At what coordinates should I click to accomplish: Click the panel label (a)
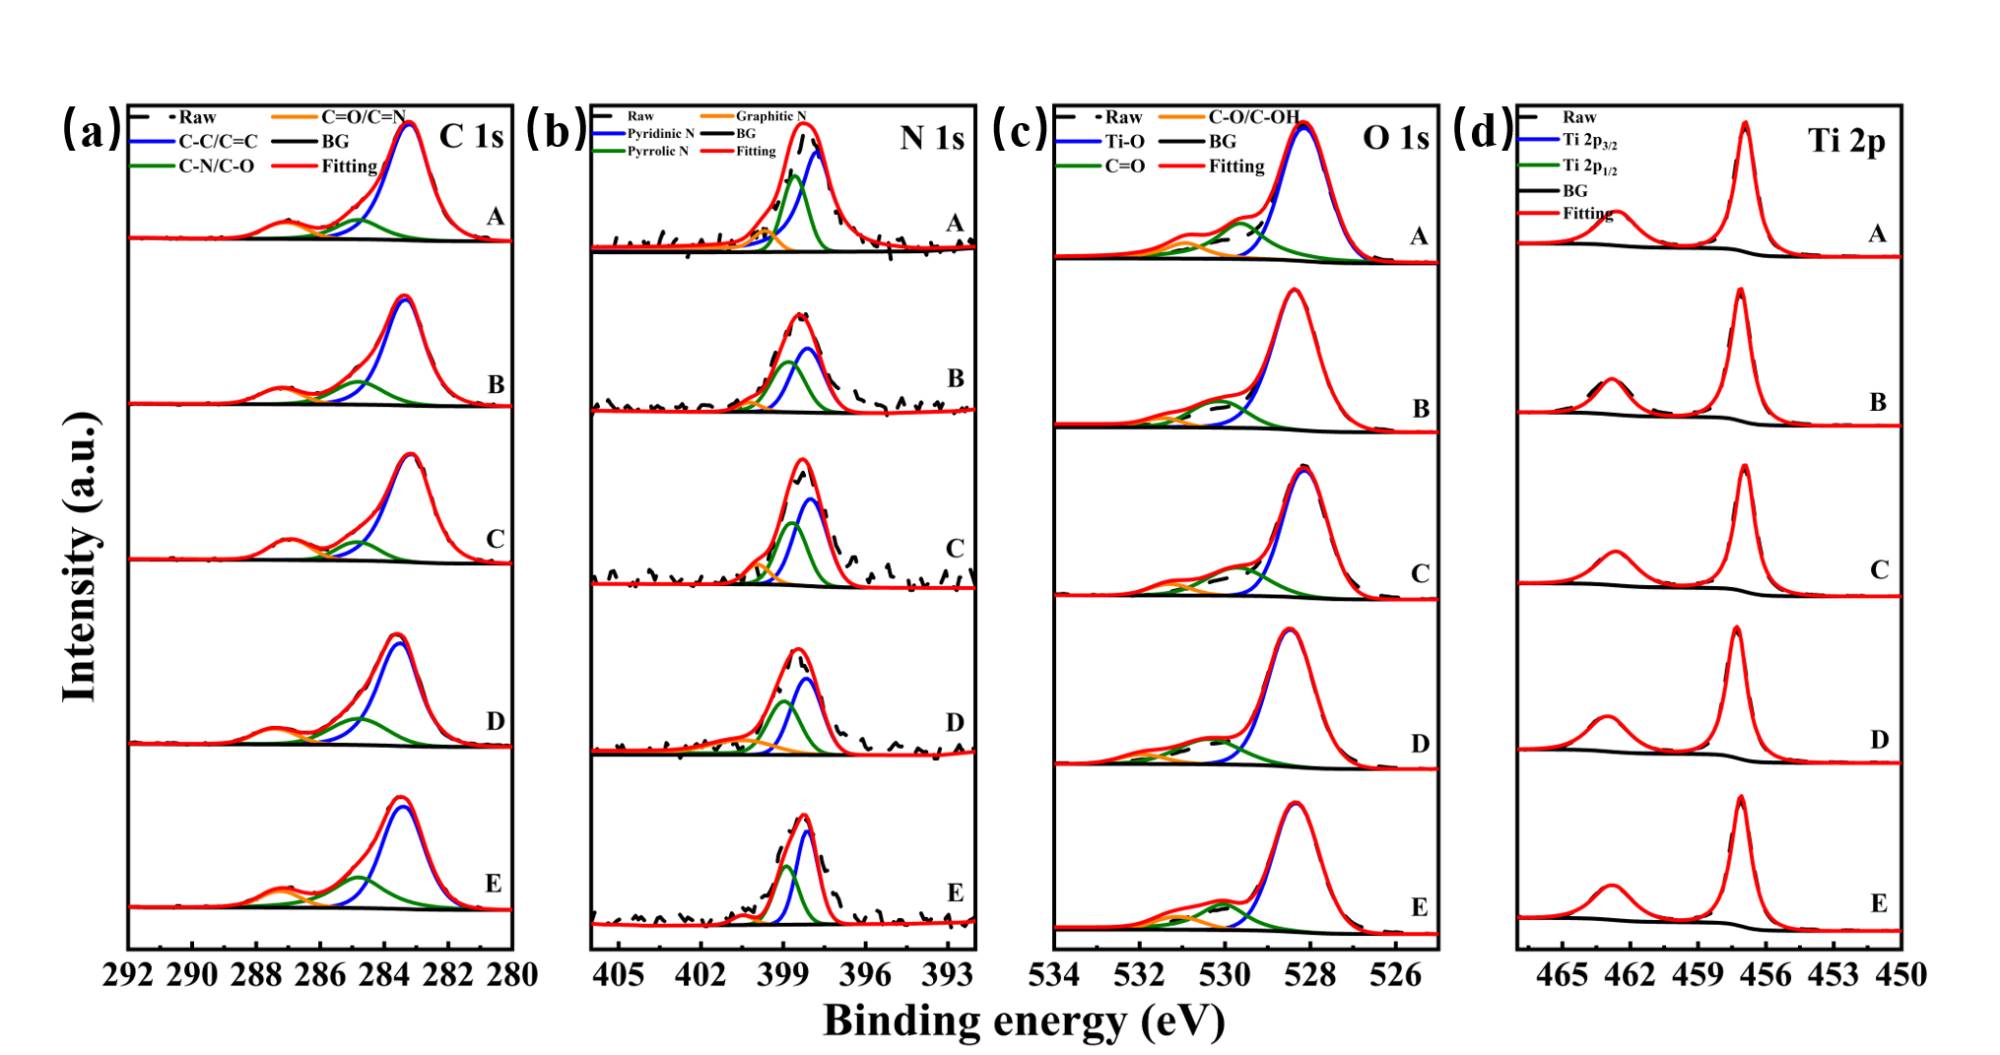(92, 130)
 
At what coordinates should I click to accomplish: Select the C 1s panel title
(471, 137)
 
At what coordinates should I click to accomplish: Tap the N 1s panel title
(932, 137)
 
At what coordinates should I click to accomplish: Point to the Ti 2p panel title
(1846, 141)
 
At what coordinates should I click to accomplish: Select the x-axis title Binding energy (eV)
(1023, 1021)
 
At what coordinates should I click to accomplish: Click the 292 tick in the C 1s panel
(129, 975)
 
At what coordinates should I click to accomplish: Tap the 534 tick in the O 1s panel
(1056, 975)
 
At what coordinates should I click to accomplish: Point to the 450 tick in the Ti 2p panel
(1901, 975)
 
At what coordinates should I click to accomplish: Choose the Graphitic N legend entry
(771, 116)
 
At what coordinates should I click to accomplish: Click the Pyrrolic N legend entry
(658, 151)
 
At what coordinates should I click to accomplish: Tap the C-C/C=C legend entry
(218, 142)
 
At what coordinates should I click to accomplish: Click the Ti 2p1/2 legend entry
(1590, 167)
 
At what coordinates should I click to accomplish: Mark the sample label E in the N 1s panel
(955, 893)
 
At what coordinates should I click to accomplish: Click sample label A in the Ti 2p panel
(1878, 234)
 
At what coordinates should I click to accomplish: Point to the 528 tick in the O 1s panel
(1308, 975)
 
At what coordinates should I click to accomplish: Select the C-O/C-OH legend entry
(1254, 117)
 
